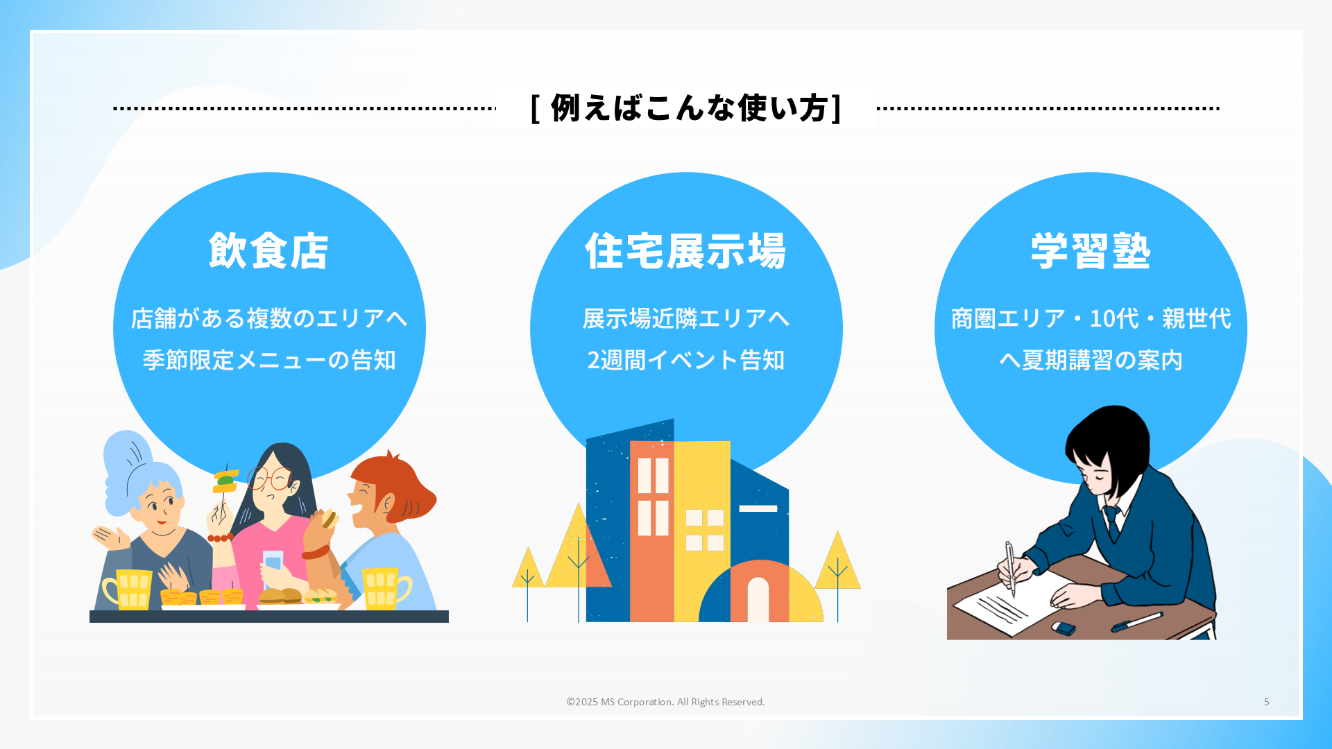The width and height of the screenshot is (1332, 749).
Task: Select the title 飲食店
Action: [x=268, y=250]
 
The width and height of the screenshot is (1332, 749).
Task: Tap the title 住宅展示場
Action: [x=686, y=250]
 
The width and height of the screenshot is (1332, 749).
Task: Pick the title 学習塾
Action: [x=1091, y=250]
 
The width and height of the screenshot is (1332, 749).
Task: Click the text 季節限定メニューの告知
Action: [x=269, y=360]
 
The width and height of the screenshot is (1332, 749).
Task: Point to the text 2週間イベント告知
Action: [x=686, y=360]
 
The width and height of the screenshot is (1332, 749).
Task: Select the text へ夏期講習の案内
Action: [x=1091, y=360]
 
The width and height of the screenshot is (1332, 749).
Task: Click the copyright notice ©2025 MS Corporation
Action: [x=665, y=702]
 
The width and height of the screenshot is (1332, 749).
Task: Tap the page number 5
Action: [x=1267, y=702]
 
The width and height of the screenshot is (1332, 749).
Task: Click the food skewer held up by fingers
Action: [x=225, y=482]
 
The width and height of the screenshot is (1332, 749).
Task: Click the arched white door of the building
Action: [x=758, y=600]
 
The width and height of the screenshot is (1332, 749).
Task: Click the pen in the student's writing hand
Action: [x=1010, y=569]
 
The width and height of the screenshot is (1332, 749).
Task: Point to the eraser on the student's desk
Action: [x=1064, y=628]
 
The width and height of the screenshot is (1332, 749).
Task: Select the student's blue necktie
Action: [x=1113, y=522]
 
